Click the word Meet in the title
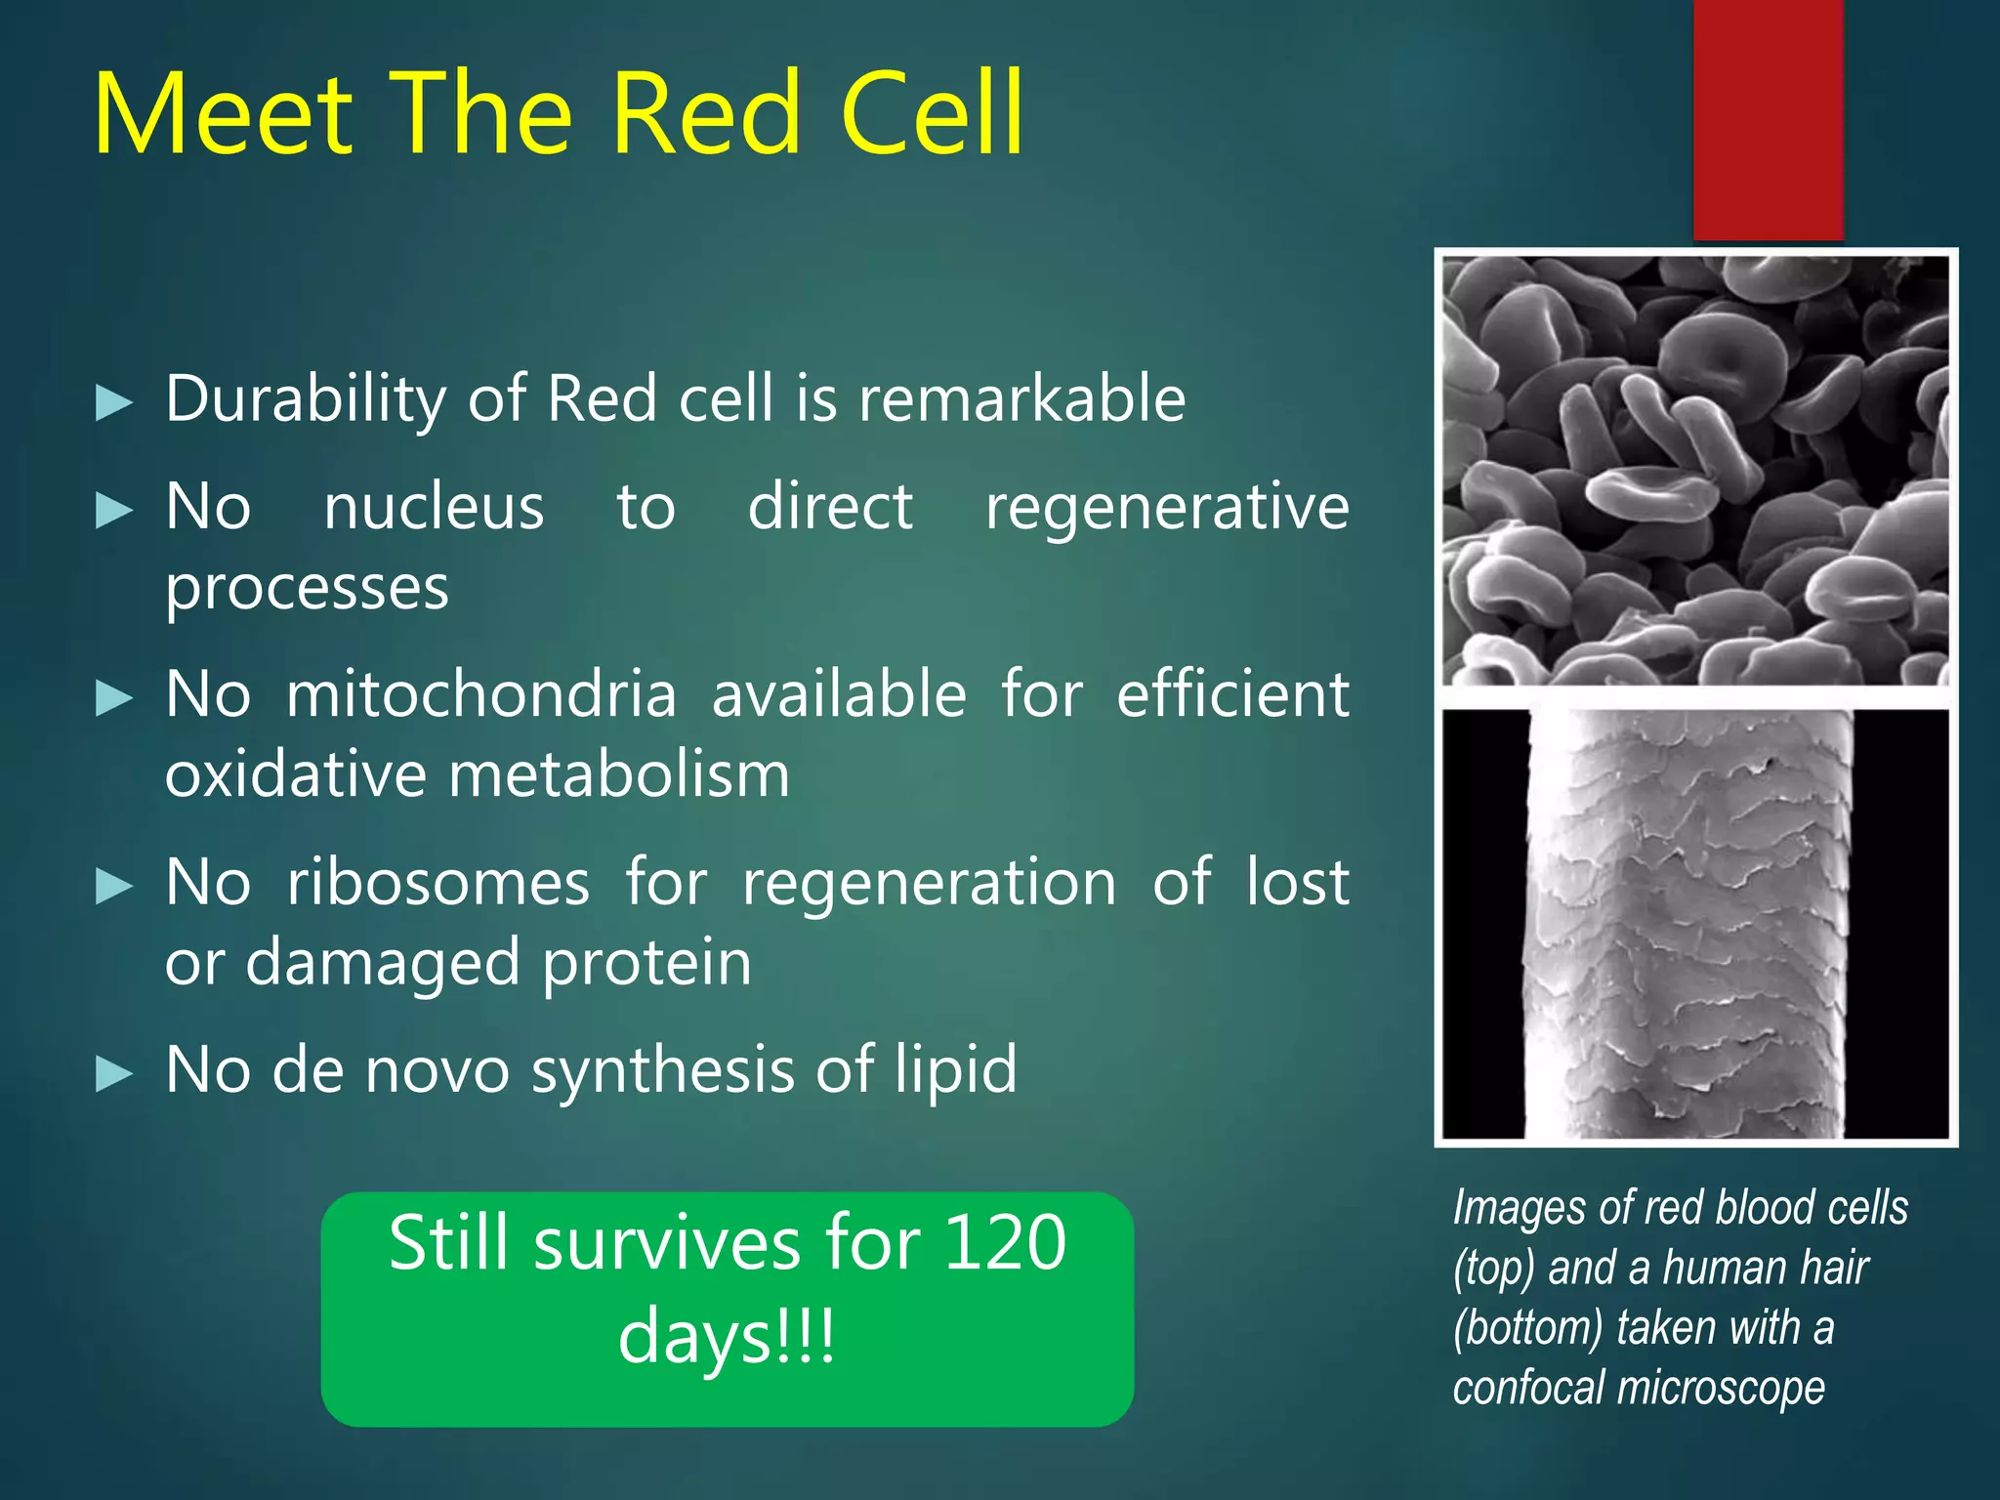(x=223, y=115)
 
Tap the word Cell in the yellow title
(x=932, y=115)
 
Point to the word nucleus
(x=434, y=508)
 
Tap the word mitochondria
(x=481, y=695)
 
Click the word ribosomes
(x=438, y=883)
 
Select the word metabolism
(x=619, y=775)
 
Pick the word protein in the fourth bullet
(x=646, y=964)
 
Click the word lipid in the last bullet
(x=956, y=1070)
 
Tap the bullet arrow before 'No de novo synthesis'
(x=114, y=1074)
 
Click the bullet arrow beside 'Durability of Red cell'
(x=114, y=402)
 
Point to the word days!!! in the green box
(x=727, y=1337)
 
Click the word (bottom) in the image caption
(x=1528, y=1328)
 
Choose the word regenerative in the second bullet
(x=1167, y=508)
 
